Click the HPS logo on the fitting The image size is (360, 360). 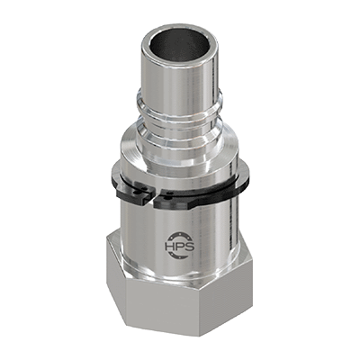pyautogui.click(x=180, y=245)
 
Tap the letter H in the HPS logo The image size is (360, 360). pyautogui.click(x=170, y=247)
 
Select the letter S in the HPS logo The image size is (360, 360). pyautogui.click(x=190, y=247)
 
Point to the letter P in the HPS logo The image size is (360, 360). pyautogui.click(x=180, y=247)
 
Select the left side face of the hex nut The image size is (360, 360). pyautogui.click(x=116, y=276)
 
